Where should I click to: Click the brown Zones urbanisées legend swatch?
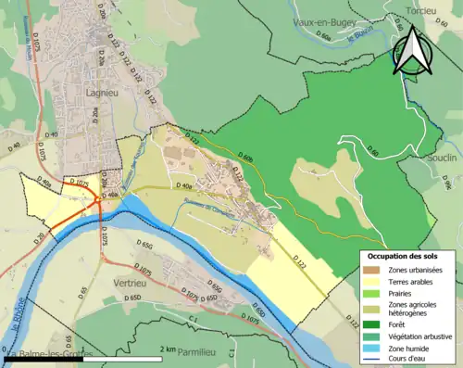[370, 270]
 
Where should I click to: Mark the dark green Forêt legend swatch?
[370, 324]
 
